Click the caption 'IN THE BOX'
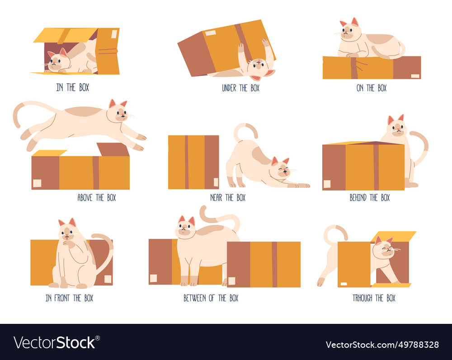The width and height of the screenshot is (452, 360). click(72, 88)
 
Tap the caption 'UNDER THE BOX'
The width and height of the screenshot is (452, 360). click(240, 88)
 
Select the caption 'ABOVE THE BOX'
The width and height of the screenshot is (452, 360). click(96, 197)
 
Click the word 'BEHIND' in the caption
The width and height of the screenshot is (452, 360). click(358, 197)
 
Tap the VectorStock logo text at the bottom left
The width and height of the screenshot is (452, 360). click(56, 342)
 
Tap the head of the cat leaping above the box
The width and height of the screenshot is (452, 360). click(118, 112)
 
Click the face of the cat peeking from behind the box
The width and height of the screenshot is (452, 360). click(397, 128)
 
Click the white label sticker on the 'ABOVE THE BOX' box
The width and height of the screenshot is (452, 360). click(37, 183)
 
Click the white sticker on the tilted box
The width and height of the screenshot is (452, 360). click(211, 33)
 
